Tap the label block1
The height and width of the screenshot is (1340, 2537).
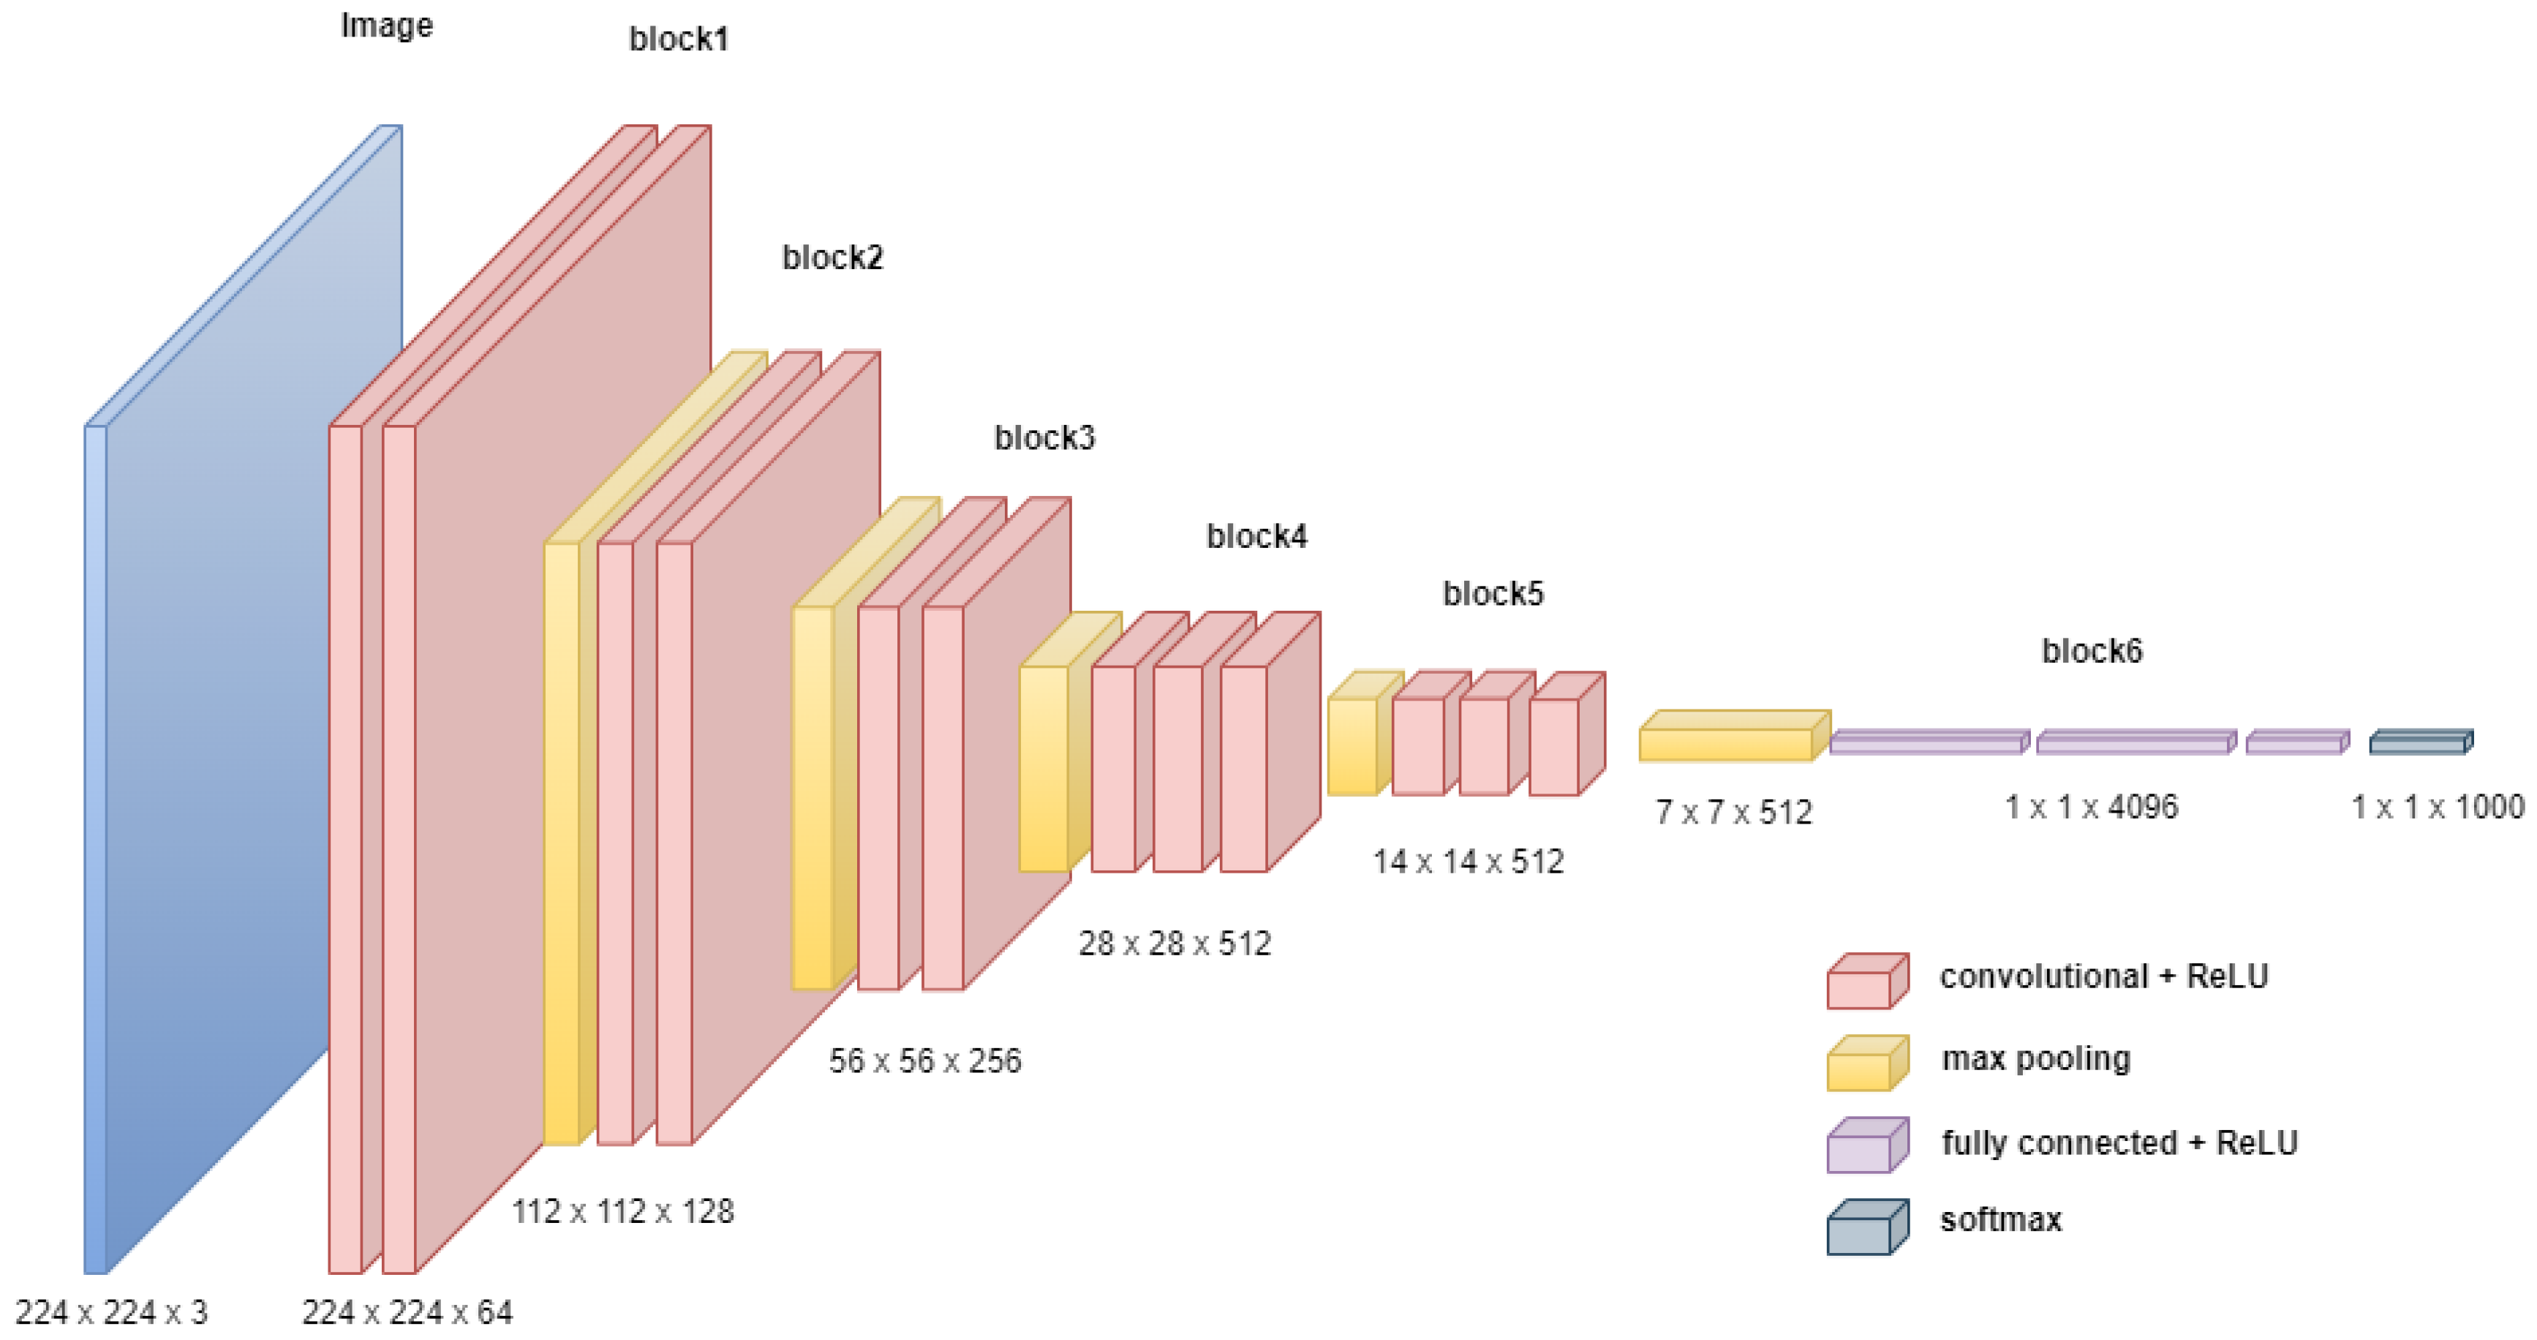(x=679, y=39)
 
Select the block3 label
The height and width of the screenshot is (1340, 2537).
(x=1044, y=437)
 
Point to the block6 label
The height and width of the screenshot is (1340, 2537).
(x=2092, y=651)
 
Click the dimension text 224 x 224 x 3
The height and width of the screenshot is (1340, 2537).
(x=111, y=1312)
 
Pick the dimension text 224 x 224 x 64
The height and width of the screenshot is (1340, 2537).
(x=407, y=1312)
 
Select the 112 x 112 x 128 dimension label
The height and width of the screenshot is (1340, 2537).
(x=622, y=1211)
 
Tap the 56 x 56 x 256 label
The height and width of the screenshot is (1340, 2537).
(x=925, y=1060)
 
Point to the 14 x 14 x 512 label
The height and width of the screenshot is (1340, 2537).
(x=1468, y=861)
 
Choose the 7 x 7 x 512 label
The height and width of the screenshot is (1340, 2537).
(x=1733, y=812)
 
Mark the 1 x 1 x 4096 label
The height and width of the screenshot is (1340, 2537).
(x=2092, y=807)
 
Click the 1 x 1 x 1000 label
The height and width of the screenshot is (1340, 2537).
(x=2438, y=807)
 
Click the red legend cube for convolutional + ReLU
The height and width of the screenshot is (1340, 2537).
(x=1866, y=983)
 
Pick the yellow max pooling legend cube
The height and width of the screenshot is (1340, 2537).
(x=1866, y=1064)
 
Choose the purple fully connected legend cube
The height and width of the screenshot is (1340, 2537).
(x=1866, y=1147)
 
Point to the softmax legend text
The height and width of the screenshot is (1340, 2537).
(x=2000, y=1220)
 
